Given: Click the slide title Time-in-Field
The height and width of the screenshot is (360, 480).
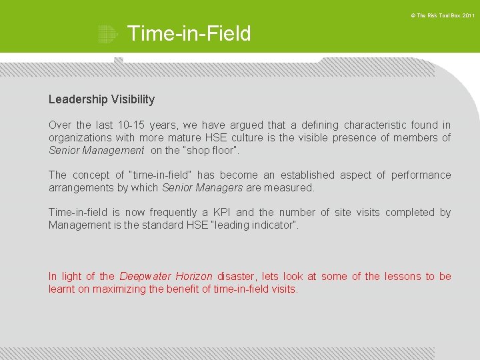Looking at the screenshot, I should click(189, 33).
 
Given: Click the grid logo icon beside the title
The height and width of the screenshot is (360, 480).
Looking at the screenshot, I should click(107, 34).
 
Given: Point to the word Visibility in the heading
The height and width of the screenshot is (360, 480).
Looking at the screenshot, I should click(133, 99).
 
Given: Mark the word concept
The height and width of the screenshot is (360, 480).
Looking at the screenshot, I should click(91, 175).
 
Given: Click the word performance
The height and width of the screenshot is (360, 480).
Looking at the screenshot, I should click(421, 175).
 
